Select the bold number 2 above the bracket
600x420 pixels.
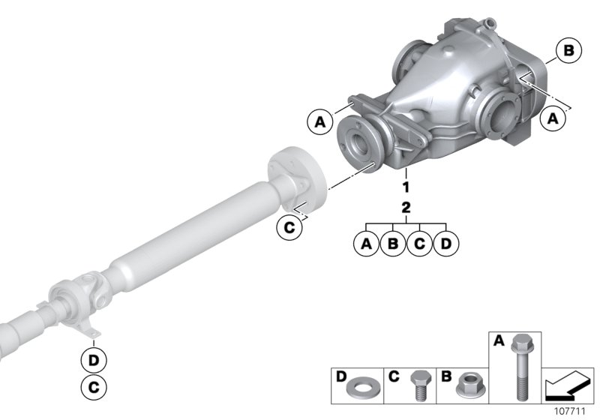click(406, 208)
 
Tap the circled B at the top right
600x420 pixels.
click(568, 51)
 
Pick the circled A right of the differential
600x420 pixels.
click(553, 118)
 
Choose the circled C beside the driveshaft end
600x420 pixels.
click(289, 227)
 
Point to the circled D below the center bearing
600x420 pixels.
click(94, 360)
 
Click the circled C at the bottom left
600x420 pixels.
click(94, 387)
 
